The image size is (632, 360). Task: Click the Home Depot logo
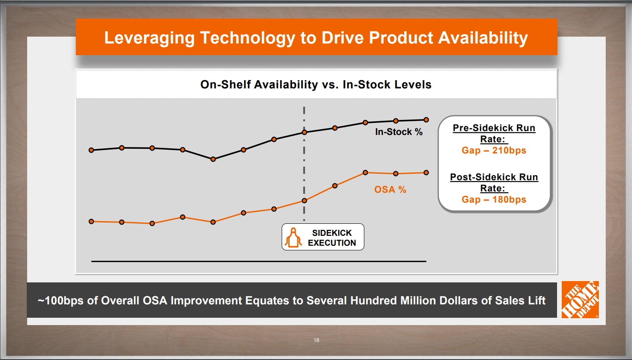(x=580, y=300)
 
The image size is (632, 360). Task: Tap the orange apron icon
(x=293, y=237)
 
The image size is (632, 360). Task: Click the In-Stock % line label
(x=399, y=132)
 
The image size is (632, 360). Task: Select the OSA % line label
(x=390, y=190)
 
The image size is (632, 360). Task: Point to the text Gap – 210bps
(x=494, y=150)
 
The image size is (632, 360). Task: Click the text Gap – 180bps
(x=494, y=200)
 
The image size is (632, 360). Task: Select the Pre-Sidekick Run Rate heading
(x=494, y=134)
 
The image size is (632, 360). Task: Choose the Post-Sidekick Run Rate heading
(x=494, y=183)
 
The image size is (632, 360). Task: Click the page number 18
(x=316, y=340)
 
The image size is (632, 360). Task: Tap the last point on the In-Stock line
(x=426, y=120)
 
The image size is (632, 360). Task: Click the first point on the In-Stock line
(x=91, y=150)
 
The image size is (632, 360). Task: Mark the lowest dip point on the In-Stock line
(x=213, y=159)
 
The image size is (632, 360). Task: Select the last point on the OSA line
(x=426, y=172)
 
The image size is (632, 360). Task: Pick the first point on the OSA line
(x=91, y=222)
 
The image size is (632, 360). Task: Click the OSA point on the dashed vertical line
(x=304, y=200)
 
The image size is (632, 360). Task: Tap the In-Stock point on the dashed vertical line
(x=304, y=132)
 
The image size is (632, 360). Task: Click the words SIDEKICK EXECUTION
(x=332, y=238)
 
